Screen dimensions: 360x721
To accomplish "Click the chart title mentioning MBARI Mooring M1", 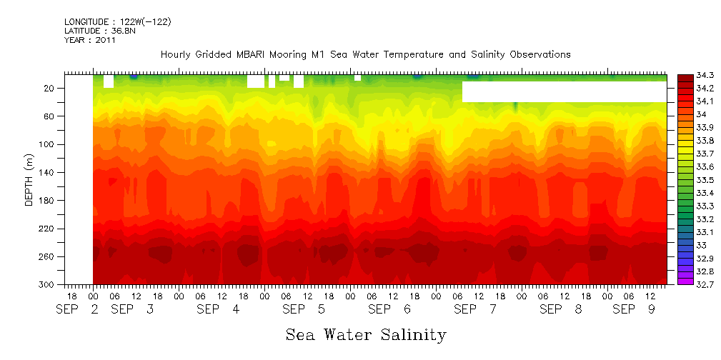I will pos(365,54).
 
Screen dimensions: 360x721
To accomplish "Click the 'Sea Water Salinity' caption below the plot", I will pos(366,334).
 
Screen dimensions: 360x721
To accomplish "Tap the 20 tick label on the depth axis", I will pos(50,88).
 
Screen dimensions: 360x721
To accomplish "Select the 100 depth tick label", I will pos(48,144).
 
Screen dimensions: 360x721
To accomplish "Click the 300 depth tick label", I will pos(48,284).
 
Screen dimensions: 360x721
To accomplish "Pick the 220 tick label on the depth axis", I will pos(48,229).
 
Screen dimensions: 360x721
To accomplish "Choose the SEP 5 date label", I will pos(304,309).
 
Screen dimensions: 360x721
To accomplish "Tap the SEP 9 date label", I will pos(633,309).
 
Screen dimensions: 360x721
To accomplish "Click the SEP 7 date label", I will pos(475,309).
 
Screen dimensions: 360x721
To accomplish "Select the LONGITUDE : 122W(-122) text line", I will pos(118,22).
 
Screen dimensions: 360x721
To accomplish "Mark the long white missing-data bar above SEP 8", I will pos(564,91).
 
